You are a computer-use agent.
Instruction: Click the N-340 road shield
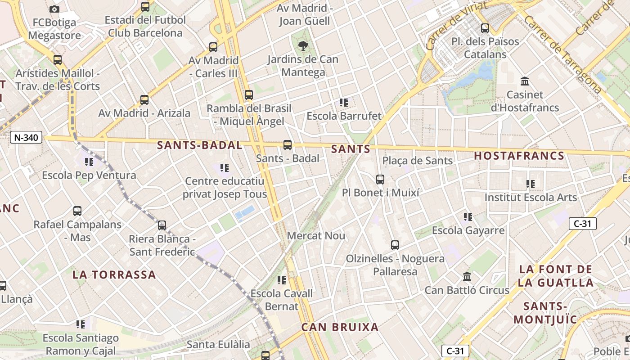coord(26,137)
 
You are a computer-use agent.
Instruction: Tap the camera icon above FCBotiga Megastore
coord(54,9)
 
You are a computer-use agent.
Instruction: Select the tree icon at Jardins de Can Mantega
coord(303,45)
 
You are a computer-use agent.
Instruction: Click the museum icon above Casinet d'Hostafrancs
coord(524,81)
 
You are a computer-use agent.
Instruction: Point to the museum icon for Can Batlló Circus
coord(467,276)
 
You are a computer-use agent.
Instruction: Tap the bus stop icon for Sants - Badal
coord(288,145)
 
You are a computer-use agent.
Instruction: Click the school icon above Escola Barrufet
coord(344,103)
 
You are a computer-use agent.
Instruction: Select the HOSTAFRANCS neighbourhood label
coord(519,156)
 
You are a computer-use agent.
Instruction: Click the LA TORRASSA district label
coord(114,274)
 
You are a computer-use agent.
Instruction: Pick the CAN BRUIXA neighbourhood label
coord(340,327)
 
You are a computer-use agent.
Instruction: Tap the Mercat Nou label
coord(316,235)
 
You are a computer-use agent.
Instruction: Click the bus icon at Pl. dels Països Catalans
coord(485,28)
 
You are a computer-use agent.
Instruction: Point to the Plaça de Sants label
coord(417,161)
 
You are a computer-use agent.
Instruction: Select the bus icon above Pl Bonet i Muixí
coord(380,180)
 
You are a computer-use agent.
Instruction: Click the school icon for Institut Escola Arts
coord(531,184)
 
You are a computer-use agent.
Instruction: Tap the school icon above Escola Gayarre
coord(468,217)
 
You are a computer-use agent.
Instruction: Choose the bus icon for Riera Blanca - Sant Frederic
coord(162,225)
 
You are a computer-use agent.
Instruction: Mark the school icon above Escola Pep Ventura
coord(89,162)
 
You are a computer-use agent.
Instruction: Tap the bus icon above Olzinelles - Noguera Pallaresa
coord(395,245)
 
